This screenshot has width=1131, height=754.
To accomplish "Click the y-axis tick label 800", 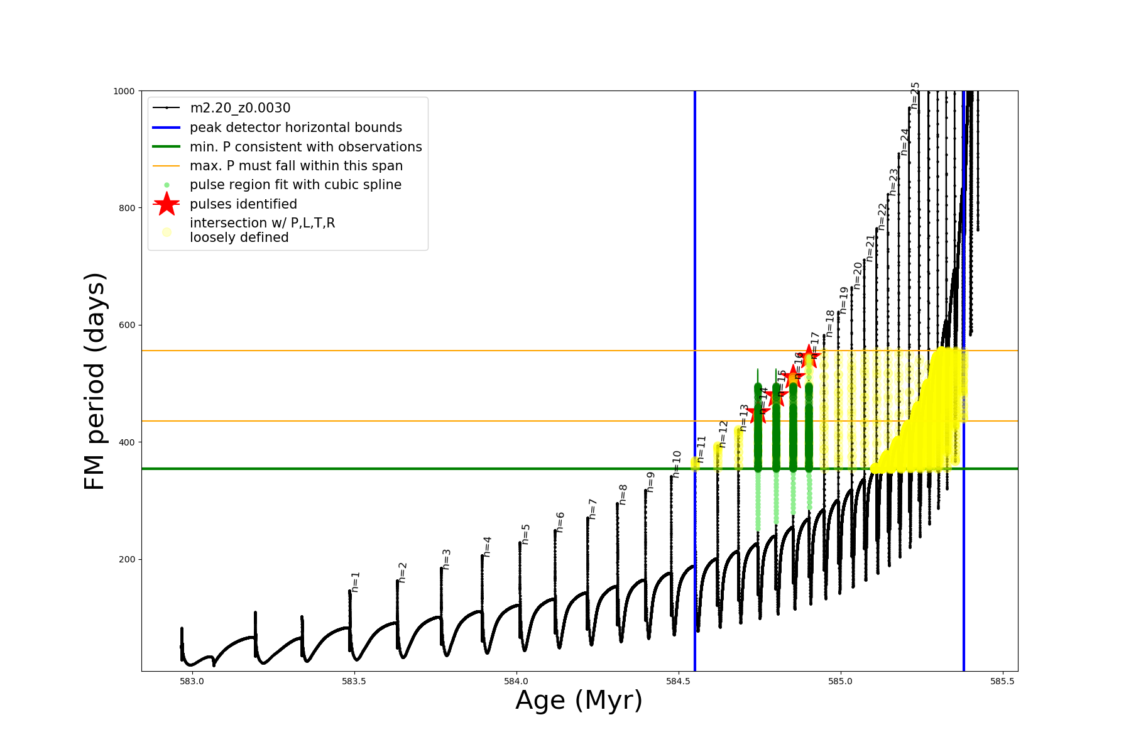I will (126, 208).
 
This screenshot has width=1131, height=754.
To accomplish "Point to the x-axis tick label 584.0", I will (516, 681).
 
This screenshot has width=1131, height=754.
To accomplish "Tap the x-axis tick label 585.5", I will (1002, 681).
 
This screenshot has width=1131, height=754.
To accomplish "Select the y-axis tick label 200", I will (126, 559).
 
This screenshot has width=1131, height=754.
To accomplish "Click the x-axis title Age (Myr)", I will (579, 701).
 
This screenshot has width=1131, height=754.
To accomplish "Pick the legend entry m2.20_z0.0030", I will (240, 108).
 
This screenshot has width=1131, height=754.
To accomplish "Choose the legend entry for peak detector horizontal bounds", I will (295, 128).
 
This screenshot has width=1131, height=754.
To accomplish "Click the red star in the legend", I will (167, 204).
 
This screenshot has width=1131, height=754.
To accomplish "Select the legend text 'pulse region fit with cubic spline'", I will (295, 185).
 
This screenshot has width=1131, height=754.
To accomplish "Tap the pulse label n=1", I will (356, 582).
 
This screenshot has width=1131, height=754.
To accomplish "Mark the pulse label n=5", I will (526, 534).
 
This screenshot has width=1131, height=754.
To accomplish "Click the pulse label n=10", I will (677, 464).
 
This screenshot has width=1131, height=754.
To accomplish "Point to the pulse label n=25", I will (915, 96).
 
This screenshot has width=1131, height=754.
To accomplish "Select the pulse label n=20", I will (858, 275).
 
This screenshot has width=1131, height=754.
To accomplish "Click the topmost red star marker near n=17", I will (809, 356).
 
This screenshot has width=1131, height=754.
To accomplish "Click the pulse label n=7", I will (592, 509).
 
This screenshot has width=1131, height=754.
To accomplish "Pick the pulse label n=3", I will (447, 559).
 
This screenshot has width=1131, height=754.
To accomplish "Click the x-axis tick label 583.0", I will (192, 681).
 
